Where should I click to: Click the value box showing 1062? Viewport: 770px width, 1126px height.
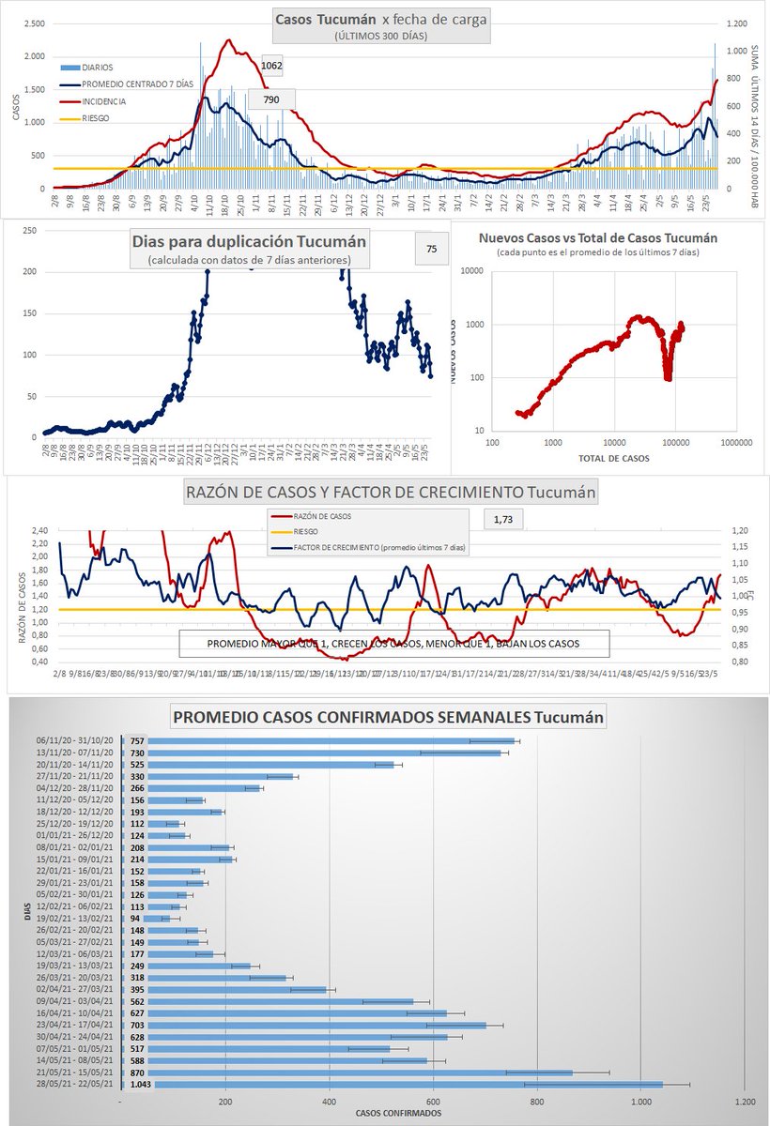point(270,67)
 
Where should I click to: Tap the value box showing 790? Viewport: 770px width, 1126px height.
point(271,99)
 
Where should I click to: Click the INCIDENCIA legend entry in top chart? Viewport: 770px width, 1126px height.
point(104,100)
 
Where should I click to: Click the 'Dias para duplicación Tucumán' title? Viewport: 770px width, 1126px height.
point(250,241)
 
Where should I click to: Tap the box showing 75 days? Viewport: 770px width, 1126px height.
point(431,249)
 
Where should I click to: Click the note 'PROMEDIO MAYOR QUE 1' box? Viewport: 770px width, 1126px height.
point(394,644)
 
